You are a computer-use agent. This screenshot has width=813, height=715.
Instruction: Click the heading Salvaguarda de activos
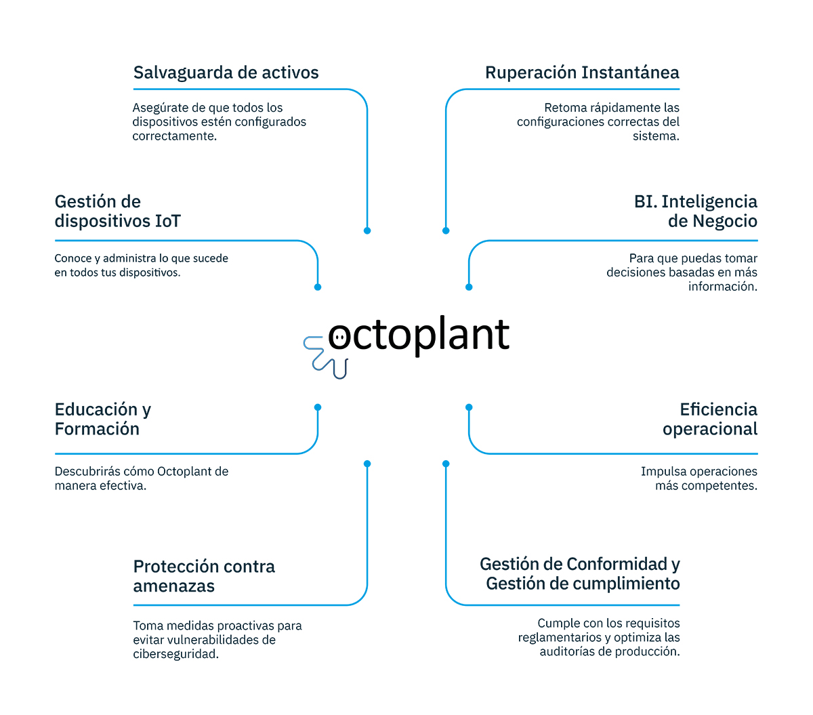pos(226,73)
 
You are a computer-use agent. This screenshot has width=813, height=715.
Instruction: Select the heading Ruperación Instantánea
pos(582,73)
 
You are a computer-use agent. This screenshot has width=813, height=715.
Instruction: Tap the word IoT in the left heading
pos(168,221)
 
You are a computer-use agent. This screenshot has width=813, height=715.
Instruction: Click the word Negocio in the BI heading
pos(712,221)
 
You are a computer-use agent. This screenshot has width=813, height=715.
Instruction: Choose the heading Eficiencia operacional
pos(710,419)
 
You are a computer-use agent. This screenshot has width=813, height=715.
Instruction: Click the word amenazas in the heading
pos(173,586)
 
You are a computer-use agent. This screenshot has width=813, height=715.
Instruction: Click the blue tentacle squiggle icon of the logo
pos(325,357)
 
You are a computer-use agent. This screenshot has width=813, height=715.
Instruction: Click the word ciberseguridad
pos(175,654)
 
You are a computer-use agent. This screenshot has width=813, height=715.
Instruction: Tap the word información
pos(723,286)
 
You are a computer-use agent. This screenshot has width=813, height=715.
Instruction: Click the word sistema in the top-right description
pos(656,136)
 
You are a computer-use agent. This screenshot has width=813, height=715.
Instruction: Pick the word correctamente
pos(175,136)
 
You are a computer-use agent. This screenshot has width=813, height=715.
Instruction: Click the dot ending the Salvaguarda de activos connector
pos(367,230)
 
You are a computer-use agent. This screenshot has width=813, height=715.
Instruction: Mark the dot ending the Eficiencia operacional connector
pos(469,407)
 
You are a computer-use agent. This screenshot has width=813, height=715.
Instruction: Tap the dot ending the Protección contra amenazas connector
pos(367,464)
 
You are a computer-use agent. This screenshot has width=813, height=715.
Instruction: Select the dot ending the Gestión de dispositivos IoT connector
pos(318,287)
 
